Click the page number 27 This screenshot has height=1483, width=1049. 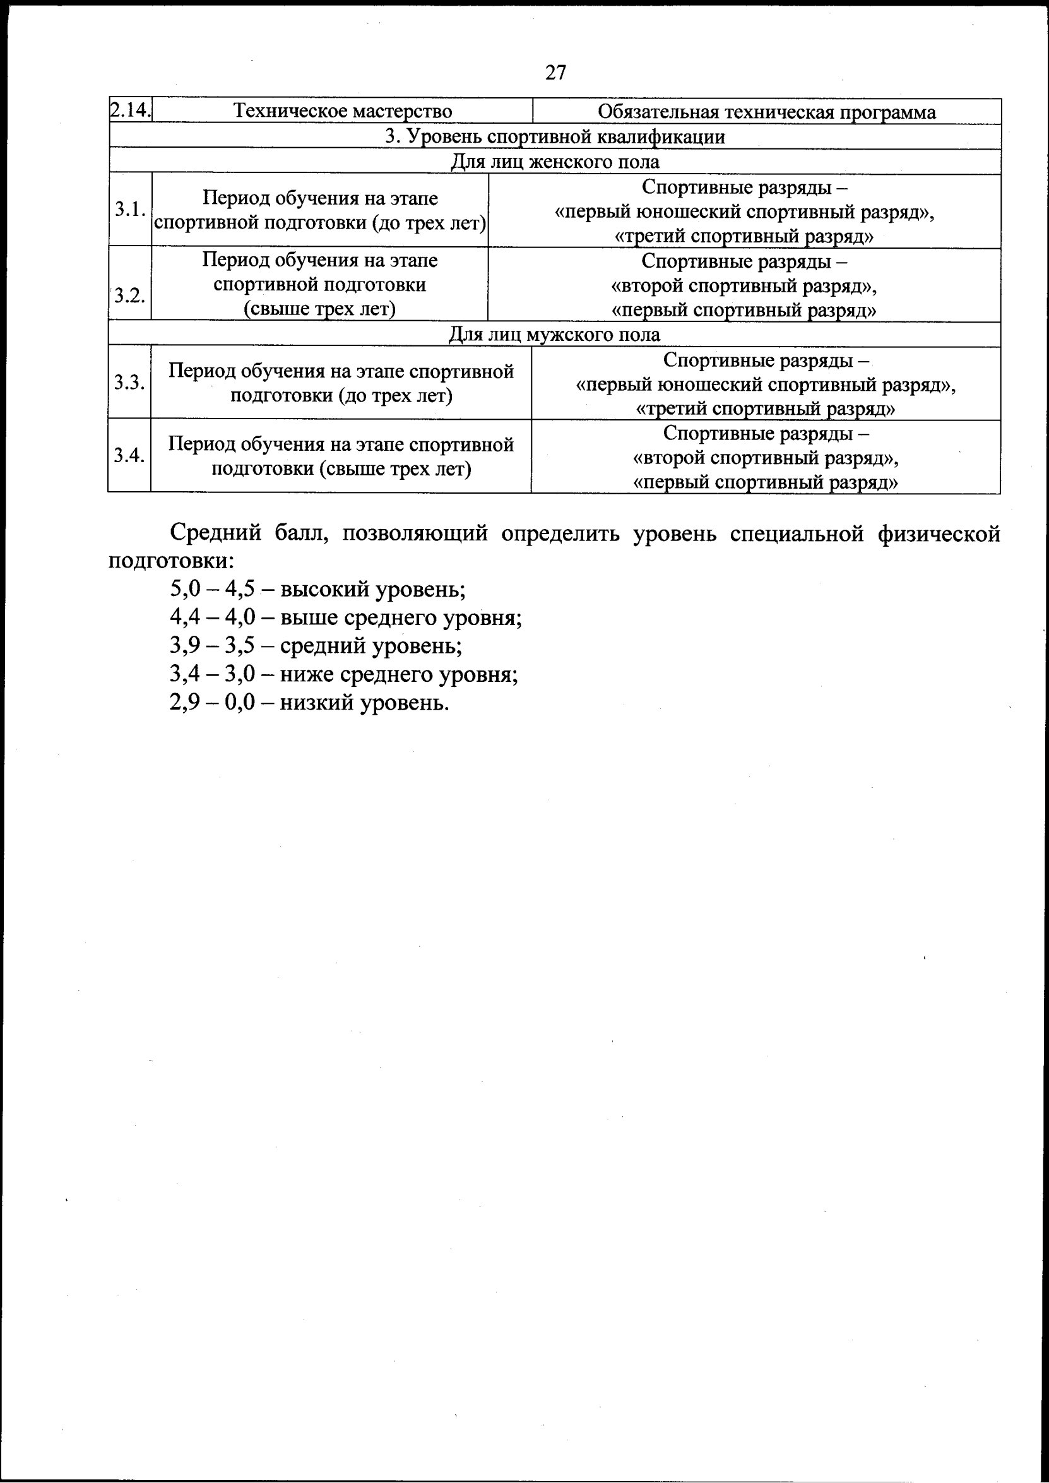tap(555, 73)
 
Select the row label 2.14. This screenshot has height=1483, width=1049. tap(130, 110)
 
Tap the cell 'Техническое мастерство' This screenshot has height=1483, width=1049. tap(342, 111)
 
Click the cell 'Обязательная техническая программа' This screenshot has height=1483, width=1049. tap(766, 112)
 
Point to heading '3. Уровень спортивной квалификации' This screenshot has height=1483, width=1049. tap(555, 136)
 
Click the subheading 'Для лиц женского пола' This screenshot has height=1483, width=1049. tap(555, 161)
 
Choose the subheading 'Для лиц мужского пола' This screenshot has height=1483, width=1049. tap(555, 334)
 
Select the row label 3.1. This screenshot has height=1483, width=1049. tap(130, 210)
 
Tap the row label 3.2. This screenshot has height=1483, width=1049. tap(130, 296)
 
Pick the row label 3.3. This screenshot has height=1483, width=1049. tap(130, 383)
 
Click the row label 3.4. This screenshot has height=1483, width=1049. tap(130, 456)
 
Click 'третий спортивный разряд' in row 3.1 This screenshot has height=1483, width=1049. tap(744, 237)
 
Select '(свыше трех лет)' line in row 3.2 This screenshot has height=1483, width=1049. tap(320, 309)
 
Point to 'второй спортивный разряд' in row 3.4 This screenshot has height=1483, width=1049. tap(766, 458)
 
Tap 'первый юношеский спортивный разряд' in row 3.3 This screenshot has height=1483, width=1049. tap(766, 385)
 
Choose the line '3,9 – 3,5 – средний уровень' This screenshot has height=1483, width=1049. tap(316, 646)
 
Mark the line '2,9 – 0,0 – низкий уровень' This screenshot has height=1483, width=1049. tap(309, 703)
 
